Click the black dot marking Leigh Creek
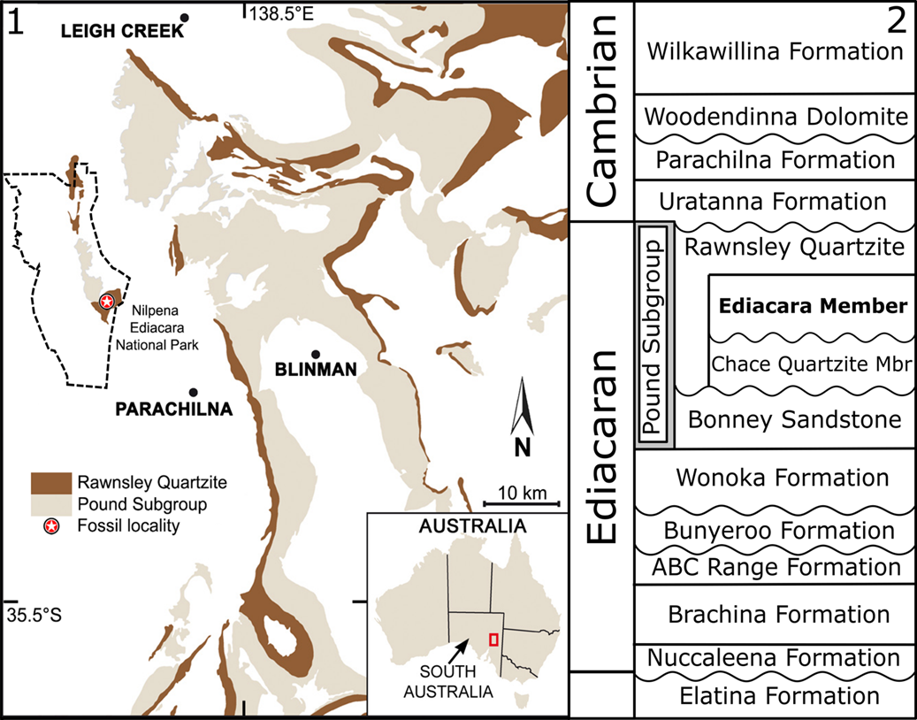click(184, 18)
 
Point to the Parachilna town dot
click(193, 392)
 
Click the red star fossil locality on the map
click(107, 302)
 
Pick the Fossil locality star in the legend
click(52, 527)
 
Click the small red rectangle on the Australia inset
click(493, 640)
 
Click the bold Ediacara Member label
click(812, 307)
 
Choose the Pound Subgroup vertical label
click(654, 337)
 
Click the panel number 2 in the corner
click(897, 21)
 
